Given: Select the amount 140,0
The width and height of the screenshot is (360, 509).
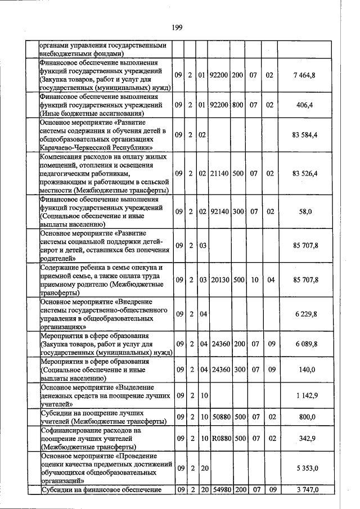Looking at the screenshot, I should pyautogui.click(x=308, y=370).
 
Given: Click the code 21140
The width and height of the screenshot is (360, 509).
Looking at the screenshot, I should pyautogui.click(x=219, y=174).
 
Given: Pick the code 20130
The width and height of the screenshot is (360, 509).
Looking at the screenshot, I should pyautogui.click(x=219, y=280).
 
